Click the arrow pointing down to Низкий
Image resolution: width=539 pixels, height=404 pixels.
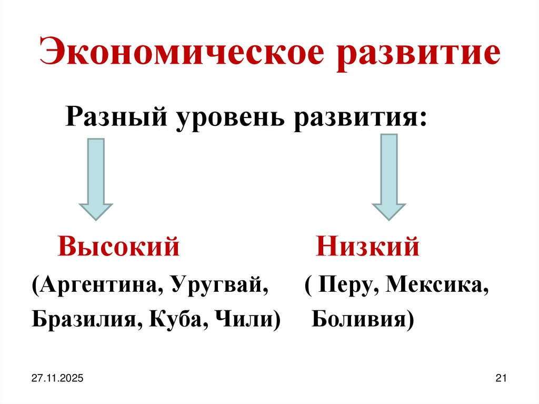[388, 176]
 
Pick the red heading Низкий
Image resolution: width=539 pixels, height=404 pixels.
[367, 247]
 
